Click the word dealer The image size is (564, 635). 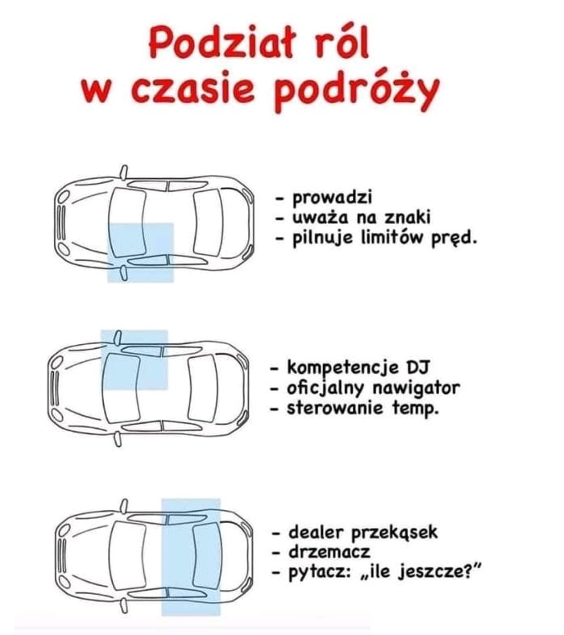(x=316, y=532)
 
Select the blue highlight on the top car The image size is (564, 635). (x=140, y=252)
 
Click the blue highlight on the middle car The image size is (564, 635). (x=134, y=359)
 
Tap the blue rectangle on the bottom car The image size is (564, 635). (x=190, y=556)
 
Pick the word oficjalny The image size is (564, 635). (x=327, y=388)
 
